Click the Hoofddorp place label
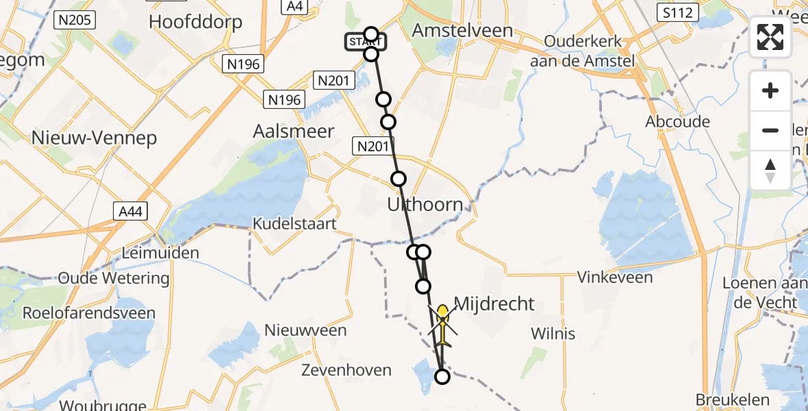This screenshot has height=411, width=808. point(195,22)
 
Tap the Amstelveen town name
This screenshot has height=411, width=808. point(464,31)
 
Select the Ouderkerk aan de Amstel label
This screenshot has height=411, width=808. point(583,50)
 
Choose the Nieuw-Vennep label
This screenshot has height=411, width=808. point(94,138)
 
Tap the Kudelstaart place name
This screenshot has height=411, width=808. point(294,223)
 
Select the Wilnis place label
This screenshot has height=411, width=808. point(553,334)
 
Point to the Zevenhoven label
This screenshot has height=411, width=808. point(346,371)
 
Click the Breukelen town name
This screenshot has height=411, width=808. point(729,399)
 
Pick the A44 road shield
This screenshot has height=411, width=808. point(129,212)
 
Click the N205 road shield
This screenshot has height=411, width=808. point(75,20)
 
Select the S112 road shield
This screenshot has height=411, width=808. point(677,12)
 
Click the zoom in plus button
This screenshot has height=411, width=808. point(770,90)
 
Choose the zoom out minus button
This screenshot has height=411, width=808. point(770,130)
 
